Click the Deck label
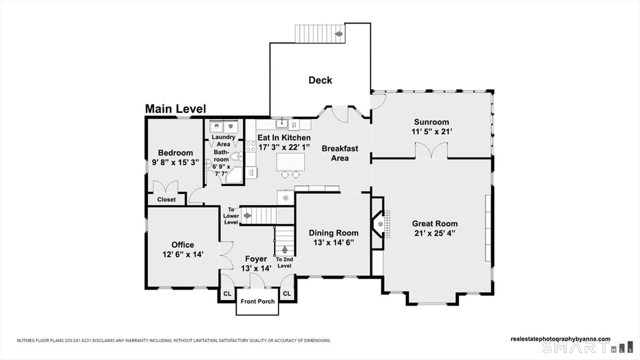tap(320, 81)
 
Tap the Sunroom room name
tap(431, 122)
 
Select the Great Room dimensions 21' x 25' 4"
tap(434, 233)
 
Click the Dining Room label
tap(333, 233)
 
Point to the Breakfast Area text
tap(340, 153)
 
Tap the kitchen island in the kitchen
tap(290, 162)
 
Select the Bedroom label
tap(175, 153)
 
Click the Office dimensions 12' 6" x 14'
tap(182, 254)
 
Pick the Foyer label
tap(256, 259)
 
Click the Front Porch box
tap(257, 301)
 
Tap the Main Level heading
tap(175, 109)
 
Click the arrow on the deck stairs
tap(339, 33)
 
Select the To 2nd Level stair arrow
tap(284, 248)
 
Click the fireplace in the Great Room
tap(377, 224)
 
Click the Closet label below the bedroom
tap(166, 200)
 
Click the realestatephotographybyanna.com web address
tap(560, 339)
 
